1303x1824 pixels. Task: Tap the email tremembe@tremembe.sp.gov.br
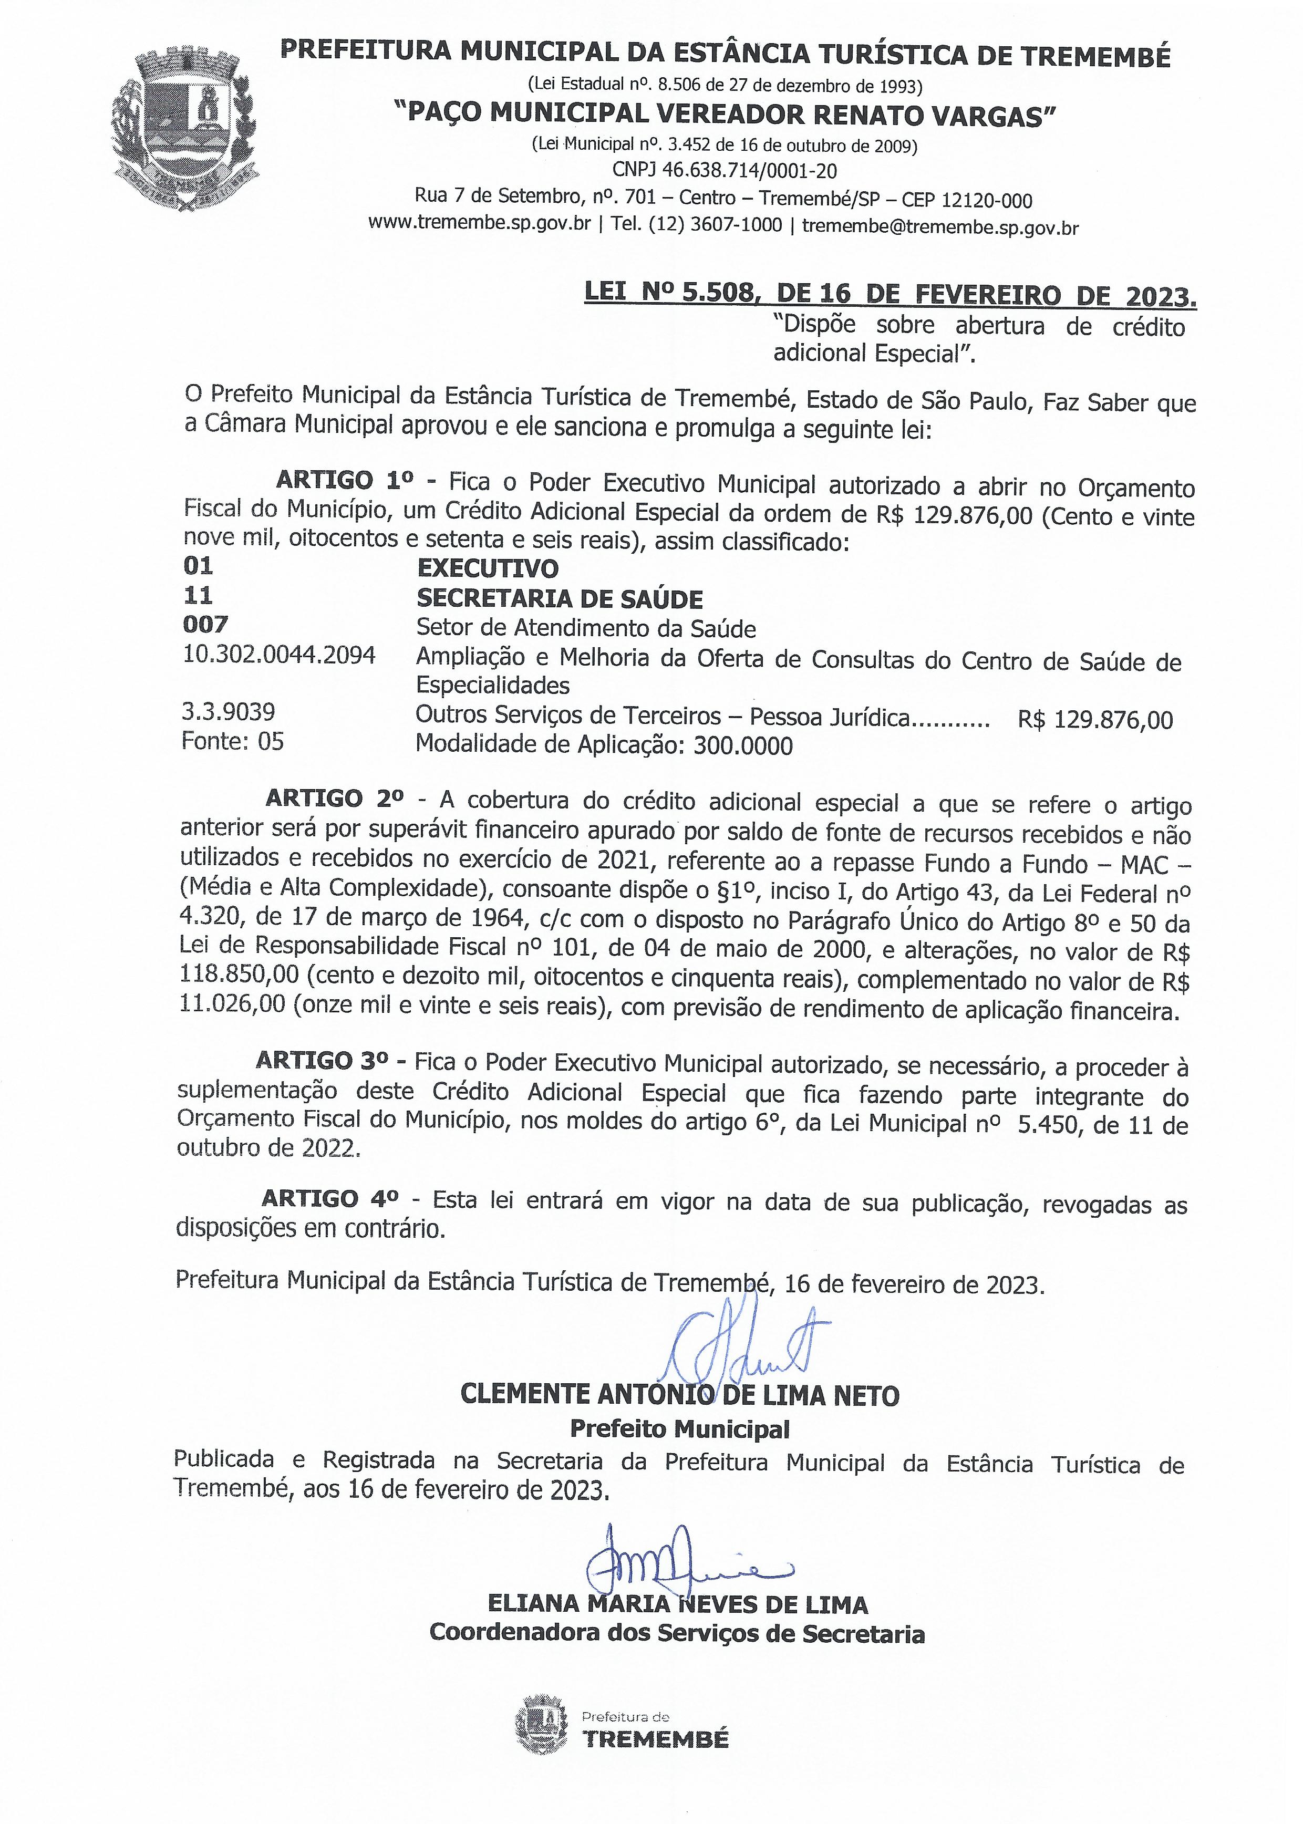click(940, 226)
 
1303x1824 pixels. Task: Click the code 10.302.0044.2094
click(279, 655)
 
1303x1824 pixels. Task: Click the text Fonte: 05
click(233, 741)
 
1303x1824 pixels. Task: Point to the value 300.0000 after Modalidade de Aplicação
click(743, 746)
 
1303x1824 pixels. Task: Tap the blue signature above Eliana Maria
click(682, 1564)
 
